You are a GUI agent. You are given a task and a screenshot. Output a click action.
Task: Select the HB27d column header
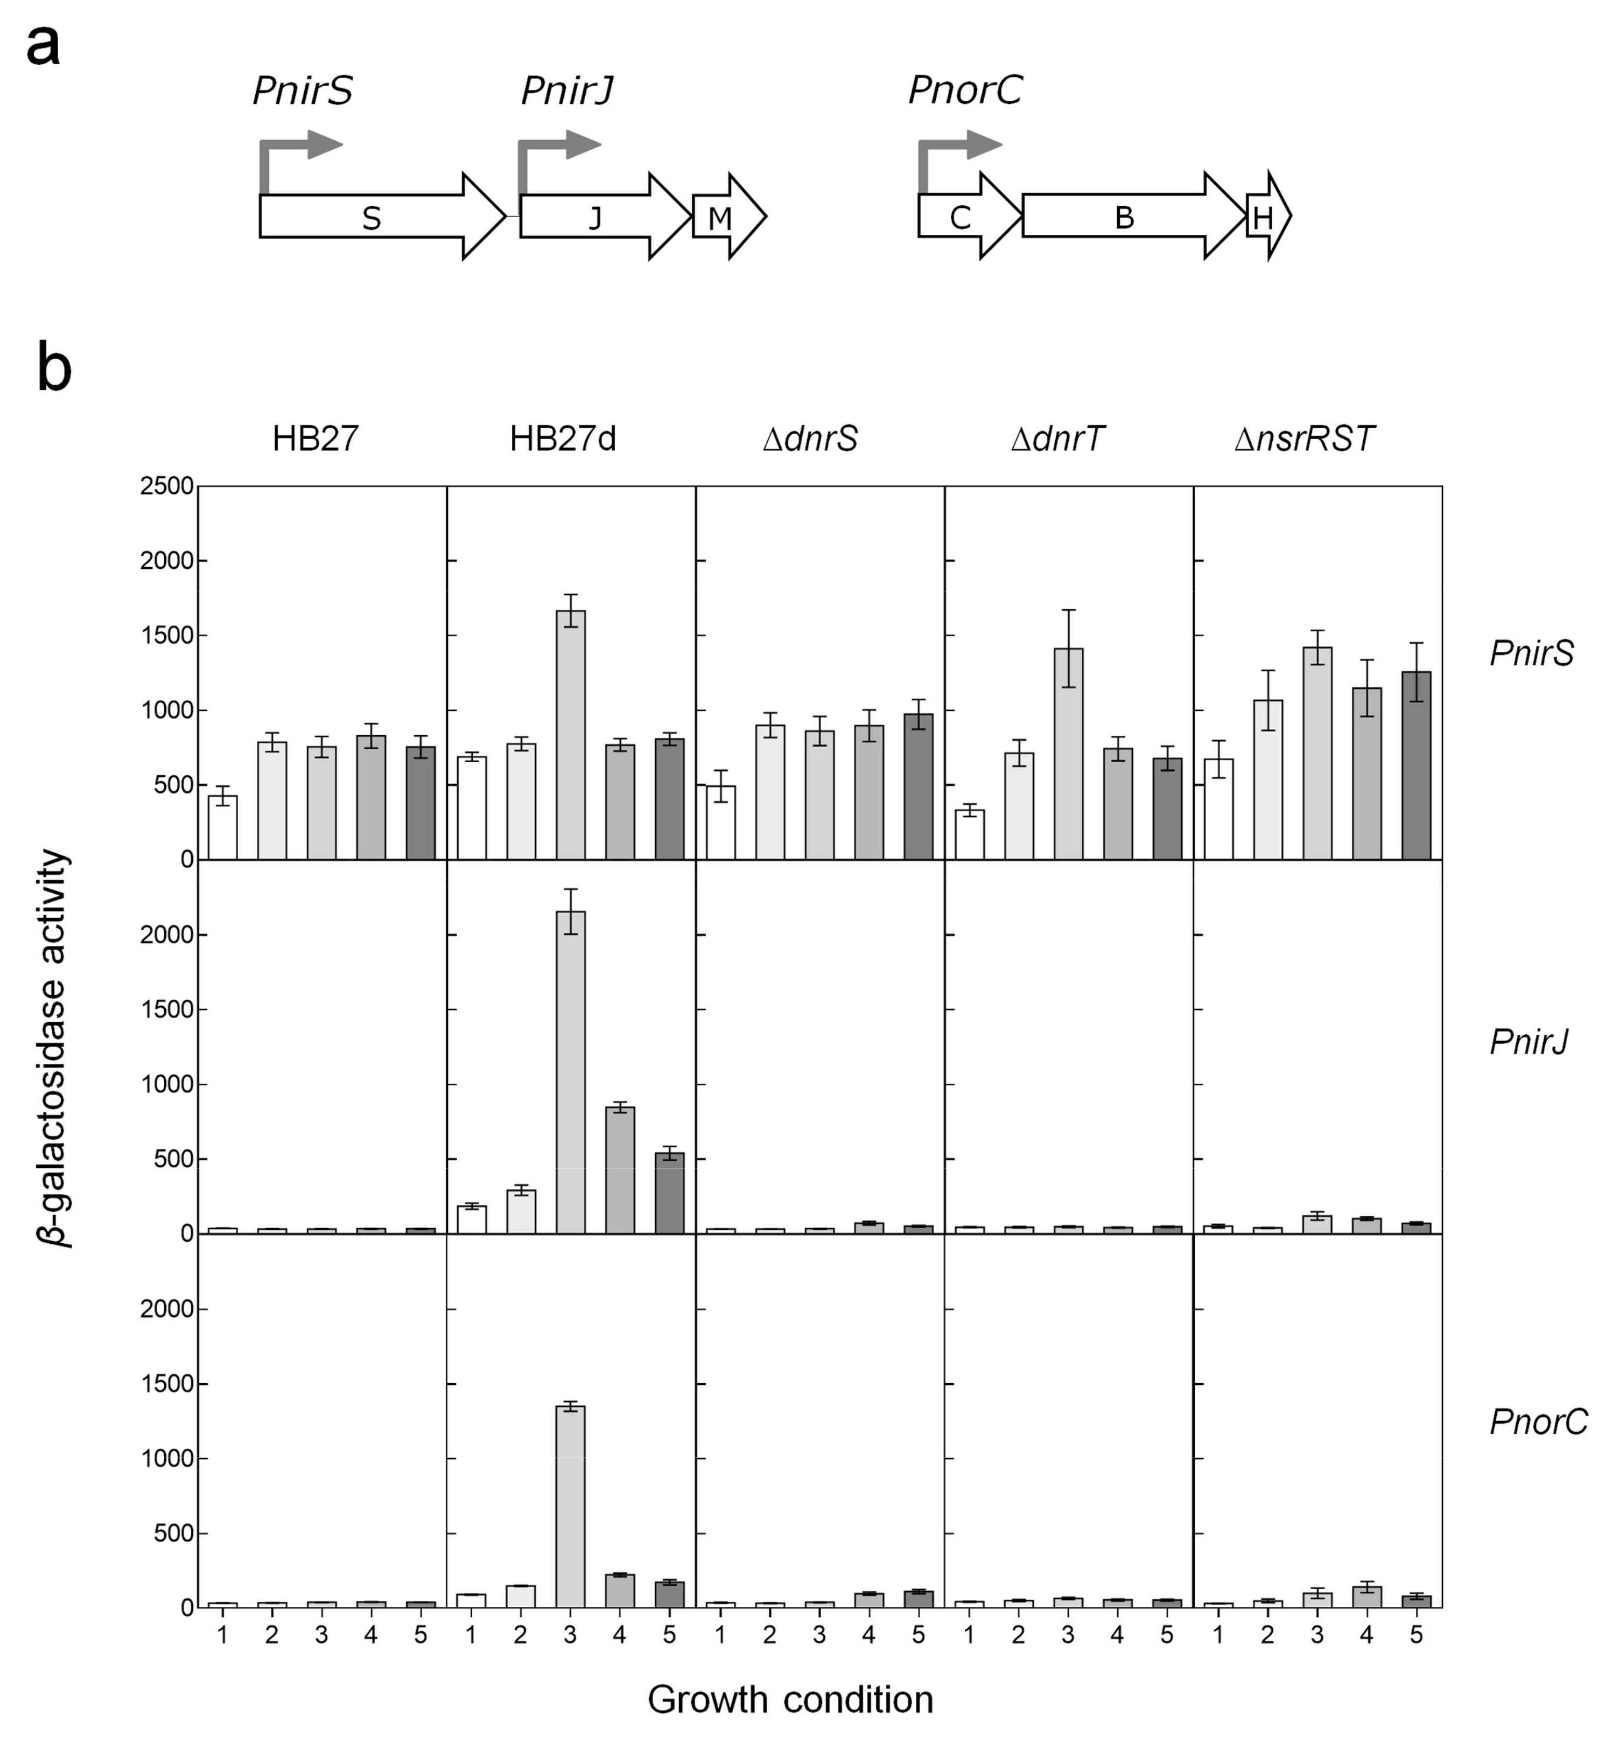(562, 439)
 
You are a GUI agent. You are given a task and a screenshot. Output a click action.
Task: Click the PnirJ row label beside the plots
(1529, 1041)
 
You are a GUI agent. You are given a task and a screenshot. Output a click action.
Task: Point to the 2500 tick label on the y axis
(167, 486)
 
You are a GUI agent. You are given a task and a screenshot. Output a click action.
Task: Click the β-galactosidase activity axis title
(54, 1048)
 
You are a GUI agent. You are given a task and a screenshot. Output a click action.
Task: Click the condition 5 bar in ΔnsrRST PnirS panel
(1415, 764)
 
